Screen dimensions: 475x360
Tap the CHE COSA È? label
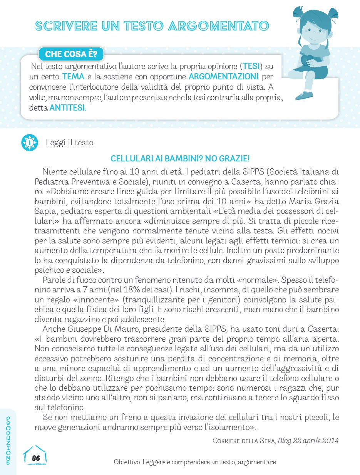pyautogui.click(x=71, y=54)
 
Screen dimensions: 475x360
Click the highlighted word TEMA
pyautogui.click(x=73, y=76)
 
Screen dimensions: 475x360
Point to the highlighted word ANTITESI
pyautogui.click(x=68, y=109)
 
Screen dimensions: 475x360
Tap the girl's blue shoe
pyautogui.click(x=304, y=94)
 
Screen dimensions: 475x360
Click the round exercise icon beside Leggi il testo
pyautogui.click(x=30, y=143)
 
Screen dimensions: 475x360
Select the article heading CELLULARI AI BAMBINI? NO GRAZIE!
pyautogui.click(x=180, y=159)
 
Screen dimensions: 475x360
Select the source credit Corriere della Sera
pyautogui.click(x=244, y=440)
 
